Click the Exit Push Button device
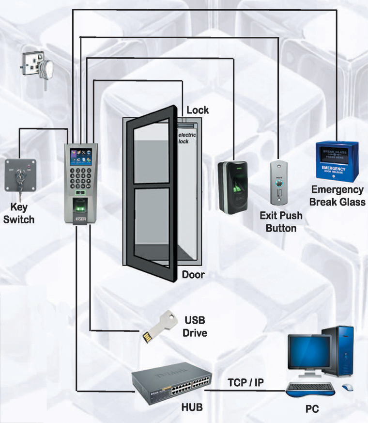click(280, 184)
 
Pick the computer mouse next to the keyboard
click(348, 387)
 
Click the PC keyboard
click(310, 388)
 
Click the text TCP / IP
click(246, 383)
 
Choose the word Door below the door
click(193, 275)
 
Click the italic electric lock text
click(187, 138)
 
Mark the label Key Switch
click(19, 213)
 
